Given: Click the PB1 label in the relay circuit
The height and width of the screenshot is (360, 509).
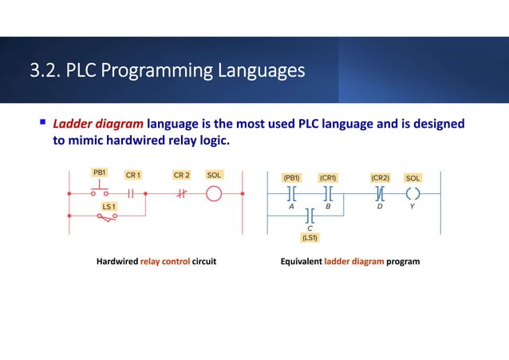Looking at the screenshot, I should [100, 172].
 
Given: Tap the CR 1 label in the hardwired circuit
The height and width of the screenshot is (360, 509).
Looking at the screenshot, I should [132, 175].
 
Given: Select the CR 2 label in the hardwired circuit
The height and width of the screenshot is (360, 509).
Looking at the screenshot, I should [182, 175].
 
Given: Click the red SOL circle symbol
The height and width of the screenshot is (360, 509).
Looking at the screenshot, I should [215, 193].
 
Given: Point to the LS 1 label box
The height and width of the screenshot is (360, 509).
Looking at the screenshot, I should [108, 208].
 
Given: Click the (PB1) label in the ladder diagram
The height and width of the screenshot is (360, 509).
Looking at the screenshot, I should [291, 177].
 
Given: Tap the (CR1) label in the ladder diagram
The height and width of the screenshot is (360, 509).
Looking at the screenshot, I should [329, 177].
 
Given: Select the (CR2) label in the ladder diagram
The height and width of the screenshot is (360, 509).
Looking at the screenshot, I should [380, 177].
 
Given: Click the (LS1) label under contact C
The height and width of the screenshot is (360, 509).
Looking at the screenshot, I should [310, 237].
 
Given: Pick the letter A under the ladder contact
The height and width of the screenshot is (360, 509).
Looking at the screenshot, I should [291, 206].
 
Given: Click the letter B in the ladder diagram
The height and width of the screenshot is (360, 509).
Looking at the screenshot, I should [328, 206].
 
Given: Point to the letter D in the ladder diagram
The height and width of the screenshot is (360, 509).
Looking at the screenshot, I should [380, 206].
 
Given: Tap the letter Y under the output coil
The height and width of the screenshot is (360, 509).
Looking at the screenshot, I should [412, 206].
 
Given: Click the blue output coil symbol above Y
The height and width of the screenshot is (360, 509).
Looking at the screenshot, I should [412, 192].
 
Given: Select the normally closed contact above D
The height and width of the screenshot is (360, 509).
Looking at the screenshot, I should [380, 192].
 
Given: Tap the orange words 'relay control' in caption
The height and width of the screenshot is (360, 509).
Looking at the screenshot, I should [165, 261].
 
